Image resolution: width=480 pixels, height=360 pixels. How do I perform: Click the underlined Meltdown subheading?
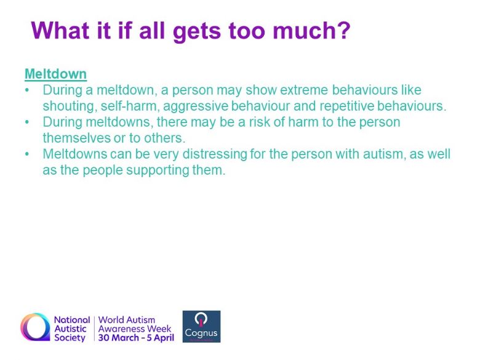(56, 74)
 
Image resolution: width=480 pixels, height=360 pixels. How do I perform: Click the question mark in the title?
(343, 30)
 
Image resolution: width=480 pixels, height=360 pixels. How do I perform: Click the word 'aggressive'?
(196, 106)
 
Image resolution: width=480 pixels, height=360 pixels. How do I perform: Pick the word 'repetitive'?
(346, 106)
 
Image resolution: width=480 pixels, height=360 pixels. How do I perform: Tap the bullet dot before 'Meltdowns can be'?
(27, 154)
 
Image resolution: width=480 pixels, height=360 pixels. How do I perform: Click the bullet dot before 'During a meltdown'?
(27, 90)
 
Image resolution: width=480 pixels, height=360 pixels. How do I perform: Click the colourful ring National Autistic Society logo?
(35, 327)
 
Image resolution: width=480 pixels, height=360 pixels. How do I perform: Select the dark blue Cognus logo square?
(201, 326)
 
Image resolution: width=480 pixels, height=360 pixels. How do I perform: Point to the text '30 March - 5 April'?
(136, 338)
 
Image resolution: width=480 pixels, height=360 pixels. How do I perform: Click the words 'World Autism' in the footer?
(127, 320)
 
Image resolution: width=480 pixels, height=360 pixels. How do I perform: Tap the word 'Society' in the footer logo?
(70, 338)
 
